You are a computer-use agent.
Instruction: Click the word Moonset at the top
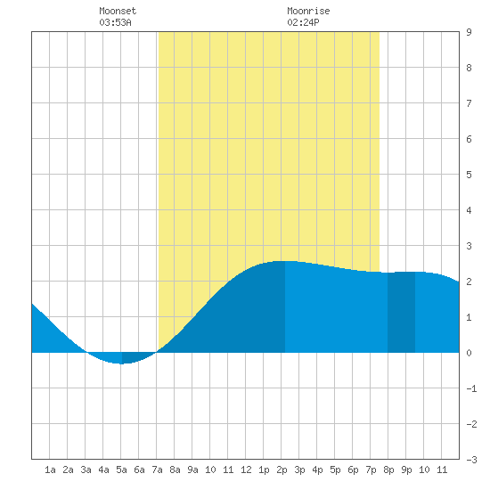coord(118,11)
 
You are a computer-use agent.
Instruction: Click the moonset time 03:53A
coord(115,22)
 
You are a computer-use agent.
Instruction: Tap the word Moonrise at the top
coord(308,11)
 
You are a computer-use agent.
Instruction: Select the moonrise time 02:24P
coord(303,22)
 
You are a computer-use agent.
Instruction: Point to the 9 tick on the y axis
coord(469,32)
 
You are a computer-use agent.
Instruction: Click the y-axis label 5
coord(469,175)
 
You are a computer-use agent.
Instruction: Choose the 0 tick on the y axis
coord(469,353)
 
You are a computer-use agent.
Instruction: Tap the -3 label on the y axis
coord(471,460)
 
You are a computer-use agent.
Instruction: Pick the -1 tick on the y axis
coord(471,388)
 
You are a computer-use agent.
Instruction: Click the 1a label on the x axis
coord(50,470)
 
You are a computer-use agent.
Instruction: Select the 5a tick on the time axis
coord(121,470)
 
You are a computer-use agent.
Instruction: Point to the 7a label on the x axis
coord(157,470)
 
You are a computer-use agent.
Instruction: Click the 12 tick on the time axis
coord(246,470)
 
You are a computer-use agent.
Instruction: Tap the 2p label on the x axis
coord(282,470)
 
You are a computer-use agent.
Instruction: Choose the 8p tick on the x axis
coord(388,470)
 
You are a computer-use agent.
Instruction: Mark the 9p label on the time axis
coord(406,470)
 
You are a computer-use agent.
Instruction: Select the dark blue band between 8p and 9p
coord(401,313)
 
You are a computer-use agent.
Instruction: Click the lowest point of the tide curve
coord(121,363)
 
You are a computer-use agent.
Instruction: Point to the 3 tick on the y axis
coord(469,246)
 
